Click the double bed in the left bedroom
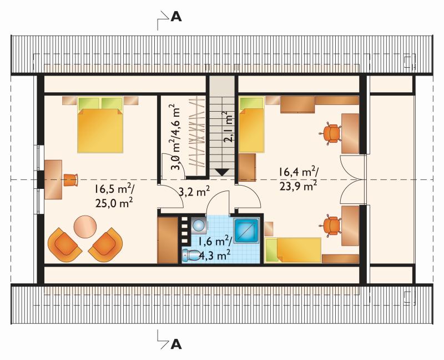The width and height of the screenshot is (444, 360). (x=100, y=125)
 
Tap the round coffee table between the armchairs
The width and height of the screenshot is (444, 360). (x=85, y=227)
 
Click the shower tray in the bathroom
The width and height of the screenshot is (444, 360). (x=246, y=230)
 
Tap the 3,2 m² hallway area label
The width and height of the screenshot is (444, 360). (x=195, y=192)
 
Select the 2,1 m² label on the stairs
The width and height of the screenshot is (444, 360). (x=228, y=127)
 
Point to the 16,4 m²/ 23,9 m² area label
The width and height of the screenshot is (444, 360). (x=298, y=179)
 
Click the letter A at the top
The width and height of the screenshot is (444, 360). (x=176, y=17)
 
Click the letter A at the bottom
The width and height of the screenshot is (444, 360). (x=176, y=344)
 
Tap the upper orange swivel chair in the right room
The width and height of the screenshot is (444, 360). (x=330, y=133)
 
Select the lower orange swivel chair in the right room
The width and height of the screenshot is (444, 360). (x=330, y=226)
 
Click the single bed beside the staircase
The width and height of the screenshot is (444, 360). (x=251, y=125)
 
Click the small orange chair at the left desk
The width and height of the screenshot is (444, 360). (x=70, y=180)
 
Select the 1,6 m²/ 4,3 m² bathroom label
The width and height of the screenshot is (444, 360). (x=215, y=249)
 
